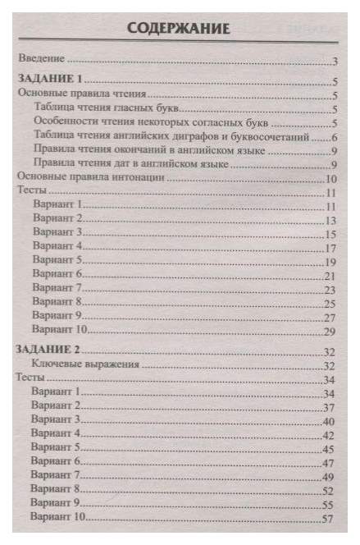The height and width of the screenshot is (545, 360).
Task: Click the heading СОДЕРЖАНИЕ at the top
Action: (x=178, y=30)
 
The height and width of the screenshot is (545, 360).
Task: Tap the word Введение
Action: (x=43, y=61)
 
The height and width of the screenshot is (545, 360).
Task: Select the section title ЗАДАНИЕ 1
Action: (x=51, y=81)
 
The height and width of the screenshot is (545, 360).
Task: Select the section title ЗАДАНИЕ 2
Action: (x=51, y=350)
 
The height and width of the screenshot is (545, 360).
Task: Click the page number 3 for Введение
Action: (x=336, y=62)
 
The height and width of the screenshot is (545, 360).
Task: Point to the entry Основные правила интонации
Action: (x=93, y=177)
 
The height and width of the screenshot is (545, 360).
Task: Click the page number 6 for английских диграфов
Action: (x=336, y=136)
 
